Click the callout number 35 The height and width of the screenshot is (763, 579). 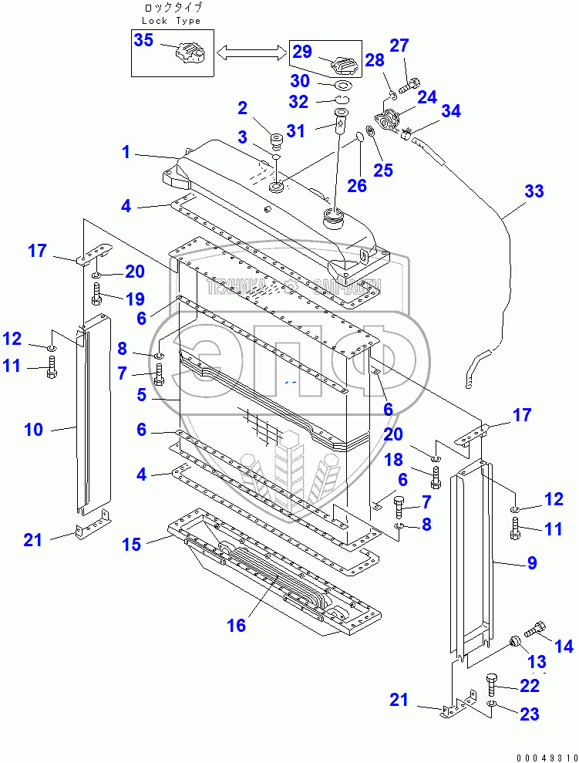point(144,41)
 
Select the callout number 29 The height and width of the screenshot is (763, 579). point(302,52)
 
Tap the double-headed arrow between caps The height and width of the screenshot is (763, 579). point(248,52)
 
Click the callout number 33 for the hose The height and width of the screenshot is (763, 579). point(534,191)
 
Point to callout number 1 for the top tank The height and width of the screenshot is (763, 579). point(126,152)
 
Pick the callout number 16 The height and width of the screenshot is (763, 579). point(236,625)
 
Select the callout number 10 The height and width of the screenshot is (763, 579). point(34,429)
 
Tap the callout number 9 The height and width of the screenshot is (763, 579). point(532,563)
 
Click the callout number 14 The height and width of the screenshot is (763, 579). point(564,647)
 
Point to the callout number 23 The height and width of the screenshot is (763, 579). point(530,714)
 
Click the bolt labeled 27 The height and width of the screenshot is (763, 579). point(411,83)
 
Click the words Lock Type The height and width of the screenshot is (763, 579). point(171,21)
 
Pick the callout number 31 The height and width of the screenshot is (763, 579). point(296,131)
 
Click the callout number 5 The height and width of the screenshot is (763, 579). point(142,395)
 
